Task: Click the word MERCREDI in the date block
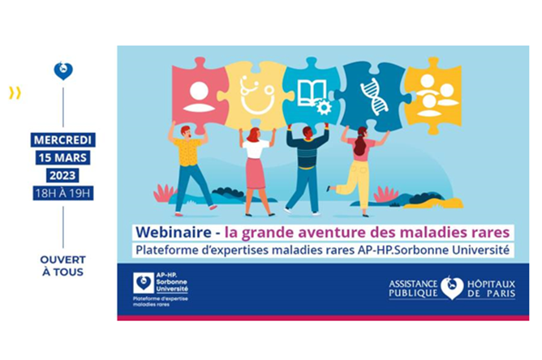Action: point(62,140)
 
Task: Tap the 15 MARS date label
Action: point(62,157)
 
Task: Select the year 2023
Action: point(62,175)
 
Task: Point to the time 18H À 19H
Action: point(63,193)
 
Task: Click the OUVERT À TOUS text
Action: point(63,266)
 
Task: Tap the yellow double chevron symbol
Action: point(15,93)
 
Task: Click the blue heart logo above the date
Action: point(63,71)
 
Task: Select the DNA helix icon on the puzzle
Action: point(374,96)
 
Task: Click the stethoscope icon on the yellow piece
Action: point(257,95)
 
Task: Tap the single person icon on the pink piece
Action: point(199,96)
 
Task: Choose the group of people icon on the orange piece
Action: point(437,96)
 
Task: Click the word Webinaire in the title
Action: point(174,232)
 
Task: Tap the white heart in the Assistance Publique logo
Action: point(452,288)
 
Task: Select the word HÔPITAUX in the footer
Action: point(491,285)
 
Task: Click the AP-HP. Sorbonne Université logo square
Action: point(144,283)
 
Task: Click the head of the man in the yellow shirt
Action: point(185,131)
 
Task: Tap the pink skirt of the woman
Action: point(256,174)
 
